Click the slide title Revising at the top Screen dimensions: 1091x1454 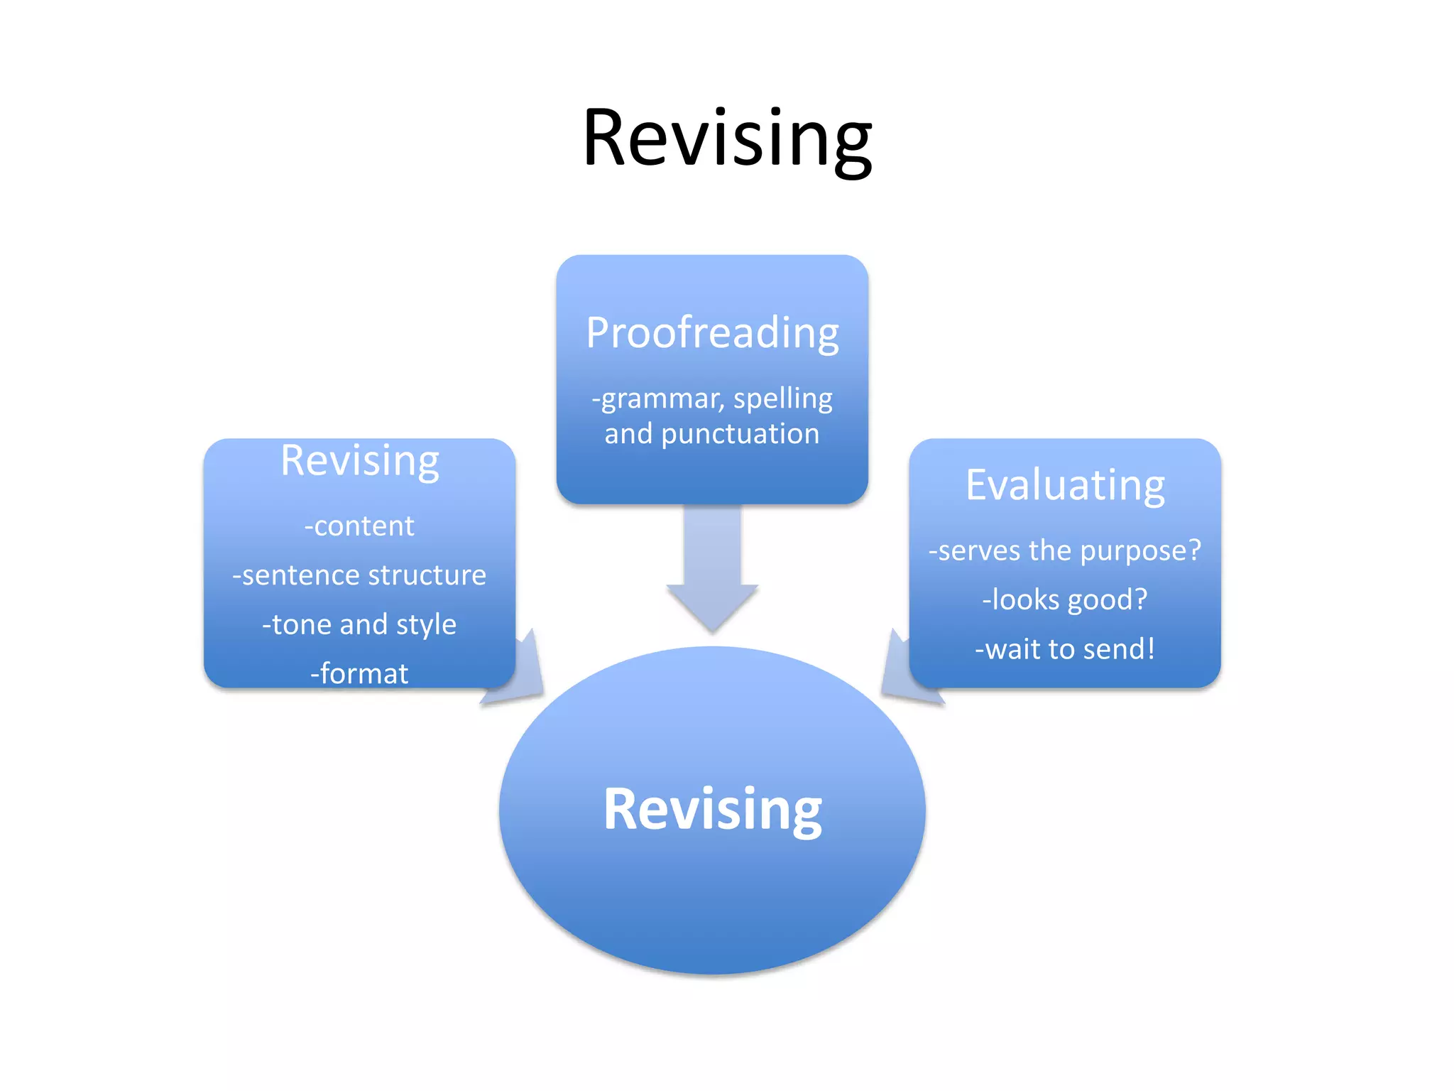(726, 139)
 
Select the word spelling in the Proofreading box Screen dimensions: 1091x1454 (782, 399)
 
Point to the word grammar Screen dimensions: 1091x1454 (657, 399)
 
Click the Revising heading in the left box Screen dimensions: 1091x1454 (359, 460)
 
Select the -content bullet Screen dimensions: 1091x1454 (359, 526)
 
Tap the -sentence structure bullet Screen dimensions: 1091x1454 (359, 575)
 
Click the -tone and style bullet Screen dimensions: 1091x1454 (359, 624)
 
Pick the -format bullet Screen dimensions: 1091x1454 (359, 673)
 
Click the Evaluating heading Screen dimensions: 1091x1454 (1065, 485)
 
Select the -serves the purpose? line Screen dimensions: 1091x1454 (1065, 550)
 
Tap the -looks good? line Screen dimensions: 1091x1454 (1065, 599)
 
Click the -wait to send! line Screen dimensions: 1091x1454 (1065, 648)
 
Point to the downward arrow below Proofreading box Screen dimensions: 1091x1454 (712, 568)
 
